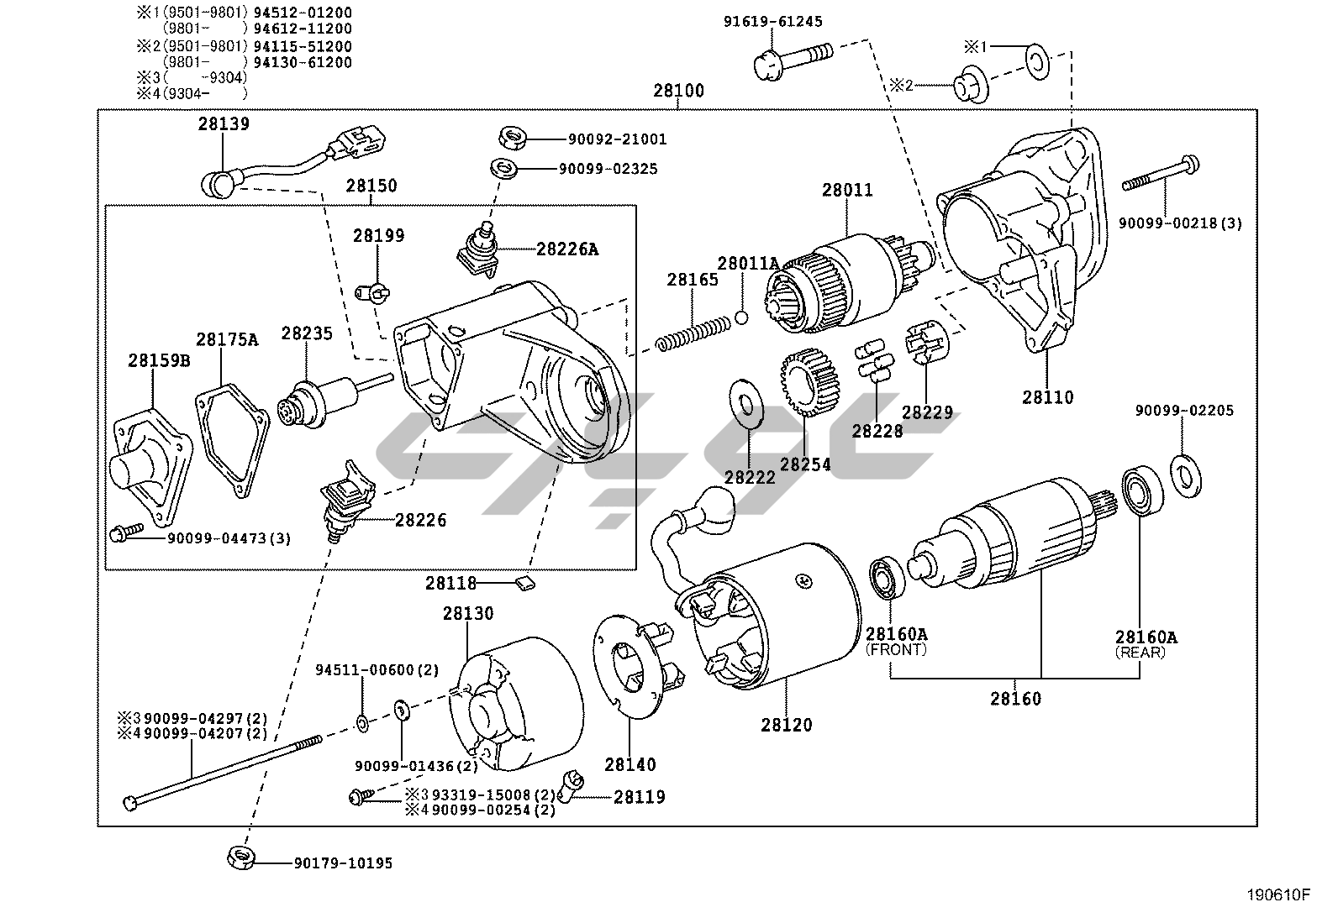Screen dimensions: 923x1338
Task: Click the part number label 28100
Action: [678, 91]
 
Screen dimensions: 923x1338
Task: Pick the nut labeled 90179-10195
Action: [241, 858]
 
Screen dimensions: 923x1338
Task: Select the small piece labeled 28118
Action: [525, 582]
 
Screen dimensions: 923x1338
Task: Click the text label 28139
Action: [224, 124]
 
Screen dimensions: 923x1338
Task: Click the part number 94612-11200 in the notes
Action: [303, 29]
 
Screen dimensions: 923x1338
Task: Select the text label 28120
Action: [787, 724]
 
